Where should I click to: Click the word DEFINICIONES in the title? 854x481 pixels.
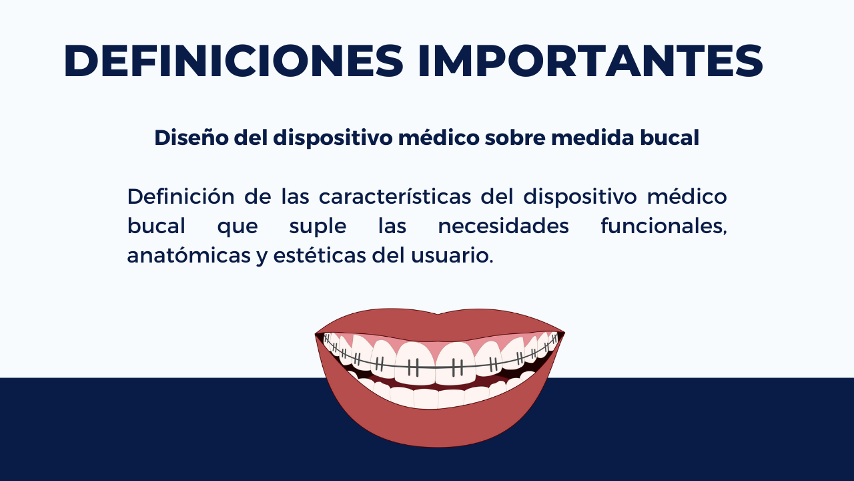click(x=234, y=61)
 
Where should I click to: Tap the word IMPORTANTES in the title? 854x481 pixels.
click(x=590, y=61)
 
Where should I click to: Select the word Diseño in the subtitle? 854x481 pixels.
click(x=191, y=138)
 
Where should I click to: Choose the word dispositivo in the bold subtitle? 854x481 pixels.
click(x=333, y=138)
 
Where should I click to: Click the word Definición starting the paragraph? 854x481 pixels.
click(x=181, y=196)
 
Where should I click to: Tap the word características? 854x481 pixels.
click(x=395, y=196)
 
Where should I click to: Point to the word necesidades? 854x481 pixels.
click(x=503, y=226)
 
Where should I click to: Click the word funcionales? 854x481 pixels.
click(x=664, y=226)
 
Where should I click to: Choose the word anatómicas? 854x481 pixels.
click(x=189, y=255)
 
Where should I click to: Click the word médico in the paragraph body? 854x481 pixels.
click(x=687, y=196)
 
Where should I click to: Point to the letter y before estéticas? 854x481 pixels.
click(x=262, y=258)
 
